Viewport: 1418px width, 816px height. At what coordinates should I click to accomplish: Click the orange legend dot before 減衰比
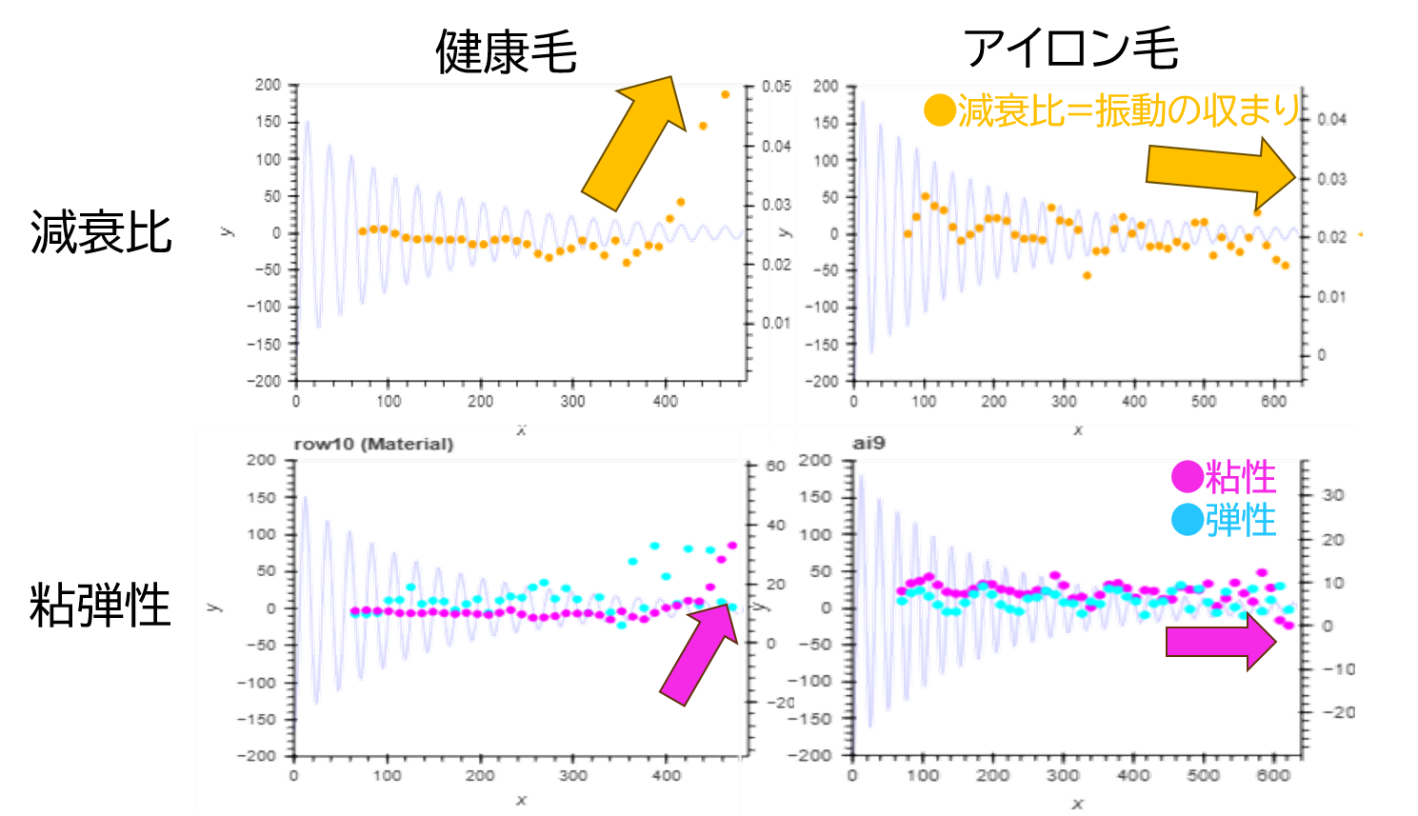pos(939,111)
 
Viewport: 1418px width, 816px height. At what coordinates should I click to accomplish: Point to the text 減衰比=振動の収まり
pos(1128,111)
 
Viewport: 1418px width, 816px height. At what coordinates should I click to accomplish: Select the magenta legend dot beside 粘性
pos(1187,475)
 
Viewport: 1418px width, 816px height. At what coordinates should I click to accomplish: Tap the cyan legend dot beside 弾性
pos(1187,520)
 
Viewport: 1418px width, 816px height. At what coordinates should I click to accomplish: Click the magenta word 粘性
pos(1240,475)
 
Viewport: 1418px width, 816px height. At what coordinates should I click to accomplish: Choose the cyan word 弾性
pos(1240,520)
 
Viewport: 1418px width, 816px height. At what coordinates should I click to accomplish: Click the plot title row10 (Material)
pos(373,445)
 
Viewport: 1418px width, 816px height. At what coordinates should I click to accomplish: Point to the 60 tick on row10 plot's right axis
pos(774,466)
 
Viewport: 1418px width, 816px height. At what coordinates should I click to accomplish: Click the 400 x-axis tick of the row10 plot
pos(666,775)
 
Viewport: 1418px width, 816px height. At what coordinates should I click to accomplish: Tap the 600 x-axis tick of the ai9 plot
pos(1273,775)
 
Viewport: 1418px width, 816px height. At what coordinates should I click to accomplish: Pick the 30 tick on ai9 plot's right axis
pos(1332,495)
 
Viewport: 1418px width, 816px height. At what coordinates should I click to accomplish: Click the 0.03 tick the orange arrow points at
pos(1331,178)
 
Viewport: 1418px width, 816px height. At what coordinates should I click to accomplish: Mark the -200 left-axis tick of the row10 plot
pos(260,756)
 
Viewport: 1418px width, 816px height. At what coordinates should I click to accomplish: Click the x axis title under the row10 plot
pos(521,801)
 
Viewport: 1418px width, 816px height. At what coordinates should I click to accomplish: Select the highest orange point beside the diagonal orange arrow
pos(726,94)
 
